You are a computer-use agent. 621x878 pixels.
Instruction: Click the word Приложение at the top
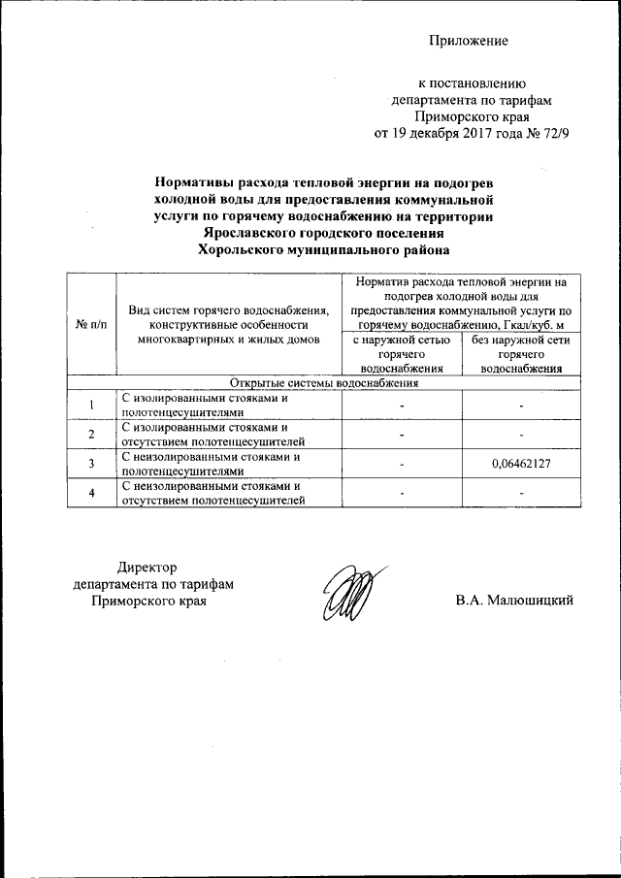coord(470,41)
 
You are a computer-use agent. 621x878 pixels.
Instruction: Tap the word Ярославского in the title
coord(252,233)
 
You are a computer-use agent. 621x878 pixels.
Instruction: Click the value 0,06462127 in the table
coord(521,464)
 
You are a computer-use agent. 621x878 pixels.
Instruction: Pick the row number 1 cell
coord(89,406)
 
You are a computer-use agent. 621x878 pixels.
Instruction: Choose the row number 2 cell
coord(89,435)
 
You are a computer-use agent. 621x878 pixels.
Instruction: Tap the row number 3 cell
coord(89,464)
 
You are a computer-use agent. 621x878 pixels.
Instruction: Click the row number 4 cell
coord(89,493)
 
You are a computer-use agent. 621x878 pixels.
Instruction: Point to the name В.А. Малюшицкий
coord(515,601)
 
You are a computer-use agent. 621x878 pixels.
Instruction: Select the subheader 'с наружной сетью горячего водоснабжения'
coord(402,354)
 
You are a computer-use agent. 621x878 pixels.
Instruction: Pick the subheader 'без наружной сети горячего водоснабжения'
coord(521,354)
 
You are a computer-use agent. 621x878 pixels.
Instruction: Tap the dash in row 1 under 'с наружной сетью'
coord(402,406)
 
